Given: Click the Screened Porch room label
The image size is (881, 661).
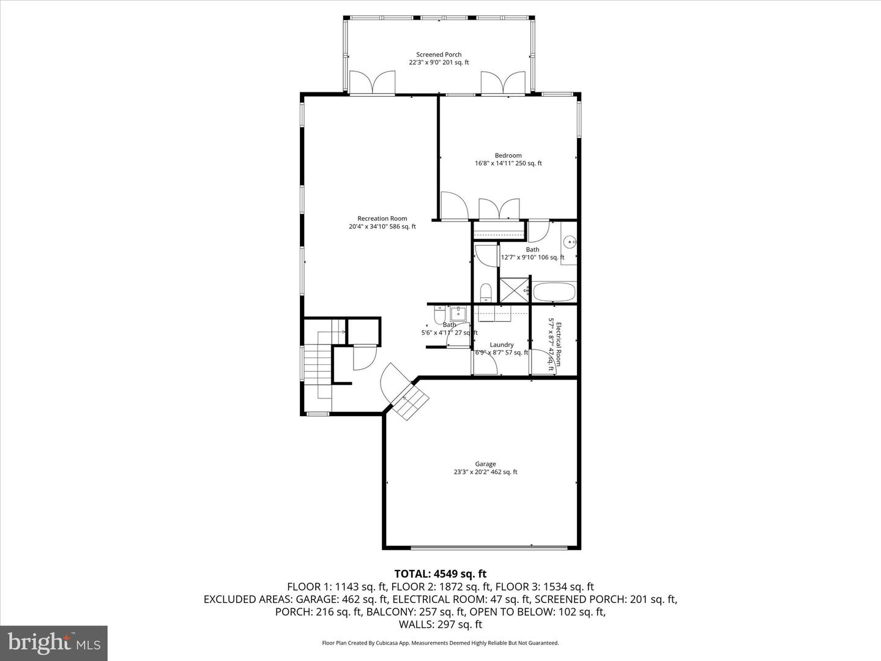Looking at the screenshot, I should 439,54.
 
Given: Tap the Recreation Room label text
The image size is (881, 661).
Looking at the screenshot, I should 382,218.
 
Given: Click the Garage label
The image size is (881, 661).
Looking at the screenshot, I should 485,464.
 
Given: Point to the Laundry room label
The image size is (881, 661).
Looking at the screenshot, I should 502,345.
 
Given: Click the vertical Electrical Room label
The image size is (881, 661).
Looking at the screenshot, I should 554,344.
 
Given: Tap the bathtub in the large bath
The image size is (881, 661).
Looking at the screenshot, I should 554,291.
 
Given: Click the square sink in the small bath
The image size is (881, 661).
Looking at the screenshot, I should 458,314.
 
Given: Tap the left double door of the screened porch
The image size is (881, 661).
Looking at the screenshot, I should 372,83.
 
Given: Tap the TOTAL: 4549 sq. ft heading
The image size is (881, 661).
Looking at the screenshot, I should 440,573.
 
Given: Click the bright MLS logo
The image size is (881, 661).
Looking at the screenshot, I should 54,643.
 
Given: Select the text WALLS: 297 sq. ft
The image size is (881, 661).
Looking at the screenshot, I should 440,624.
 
